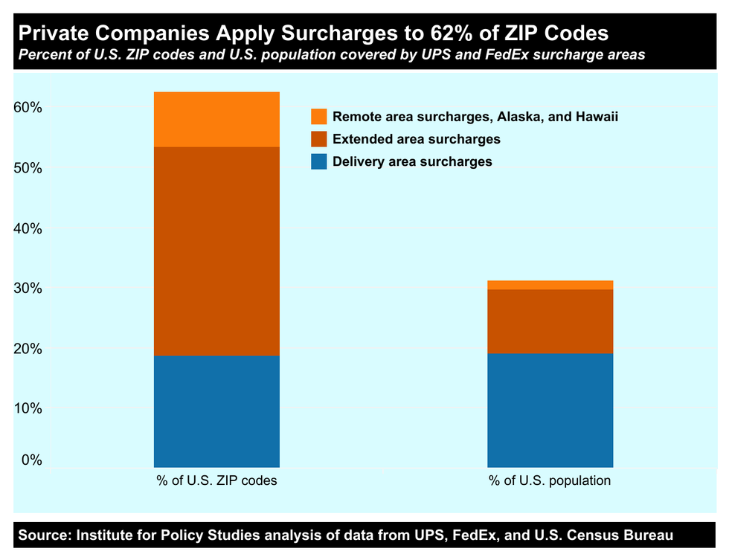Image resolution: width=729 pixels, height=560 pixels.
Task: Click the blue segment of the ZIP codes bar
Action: click(x=216, y=411)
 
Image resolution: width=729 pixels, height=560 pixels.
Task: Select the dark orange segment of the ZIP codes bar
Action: click(x=216, y=251)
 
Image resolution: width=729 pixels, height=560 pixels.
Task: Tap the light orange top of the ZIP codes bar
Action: click(x=216, y=119)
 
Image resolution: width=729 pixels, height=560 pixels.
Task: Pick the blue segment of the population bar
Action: click(x=550, y=410)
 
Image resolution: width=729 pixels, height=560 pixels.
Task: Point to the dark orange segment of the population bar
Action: click(x=550, y=321)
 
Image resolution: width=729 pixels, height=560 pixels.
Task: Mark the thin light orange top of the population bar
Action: click(x=550, y=285)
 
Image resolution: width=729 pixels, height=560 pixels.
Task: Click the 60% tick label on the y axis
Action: click(x=28, y=107)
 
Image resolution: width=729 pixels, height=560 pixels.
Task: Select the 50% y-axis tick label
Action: click(x=28, y=168)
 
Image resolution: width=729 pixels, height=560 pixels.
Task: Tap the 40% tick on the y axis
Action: click(x=28, y=228)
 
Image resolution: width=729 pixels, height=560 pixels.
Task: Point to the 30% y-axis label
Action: click(x=28, y=289)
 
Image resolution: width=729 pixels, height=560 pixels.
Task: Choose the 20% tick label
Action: click(x=28, y=349)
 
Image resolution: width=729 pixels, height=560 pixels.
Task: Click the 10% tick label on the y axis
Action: click(x=28, y=409)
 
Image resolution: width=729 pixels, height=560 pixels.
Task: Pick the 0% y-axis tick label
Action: click(x=31, y=460)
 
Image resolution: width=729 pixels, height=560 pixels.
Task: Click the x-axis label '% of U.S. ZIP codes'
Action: click(x=216, y=480)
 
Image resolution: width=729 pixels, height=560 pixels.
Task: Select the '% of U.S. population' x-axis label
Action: click(x=550, y=480)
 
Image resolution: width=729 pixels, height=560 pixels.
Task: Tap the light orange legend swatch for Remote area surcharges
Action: click(x=318, y=117)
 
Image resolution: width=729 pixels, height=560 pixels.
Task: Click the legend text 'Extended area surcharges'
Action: click(x=417, y=139)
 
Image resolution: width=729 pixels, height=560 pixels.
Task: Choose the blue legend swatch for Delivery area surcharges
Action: click(x=318, y=161)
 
